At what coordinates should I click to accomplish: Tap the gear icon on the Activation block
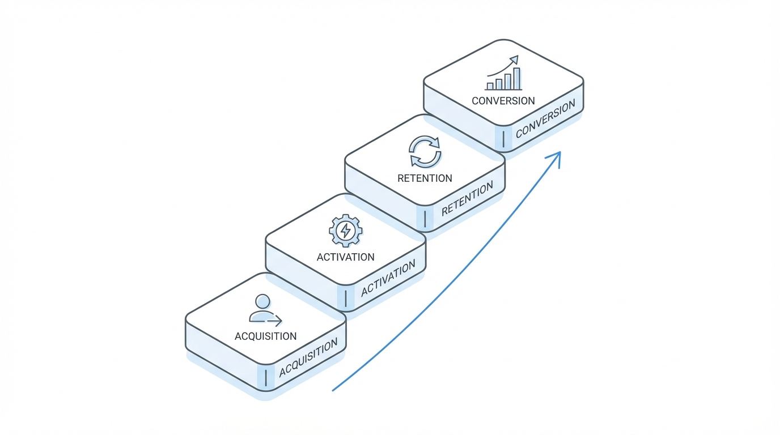coord(345,231)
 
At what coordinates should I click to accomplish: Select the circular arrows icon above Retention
coord(425,152)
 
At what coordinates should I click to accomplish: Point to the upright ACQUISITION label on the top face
coord(265,336)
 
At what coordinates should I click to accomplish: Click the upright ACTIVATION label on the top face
coord(345,257)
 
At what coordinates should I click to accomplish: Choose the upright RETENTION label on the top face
coord(425,178)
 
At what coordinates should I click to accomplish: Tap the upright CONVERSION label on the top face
coord(503,101)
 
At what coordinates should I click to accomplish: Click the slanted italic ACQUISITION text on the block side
coord(308,357)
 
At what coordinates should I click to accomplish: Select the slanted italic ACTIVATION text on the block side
coord(388,279)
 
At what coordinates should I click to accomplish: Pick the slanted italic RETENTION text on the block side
coord(467,199)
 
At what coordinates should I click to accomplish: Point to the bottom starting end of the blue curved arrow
coord(333,390)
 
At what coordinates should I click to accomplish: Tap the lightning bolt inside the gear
coord(345,231)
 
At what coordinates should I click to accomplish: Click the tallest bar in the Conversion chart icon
coord(516,79)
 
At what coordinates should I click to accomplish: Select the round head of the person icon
coord(262,301)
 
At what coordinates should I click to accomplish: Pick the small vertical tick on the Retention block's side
coord(425,219)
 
